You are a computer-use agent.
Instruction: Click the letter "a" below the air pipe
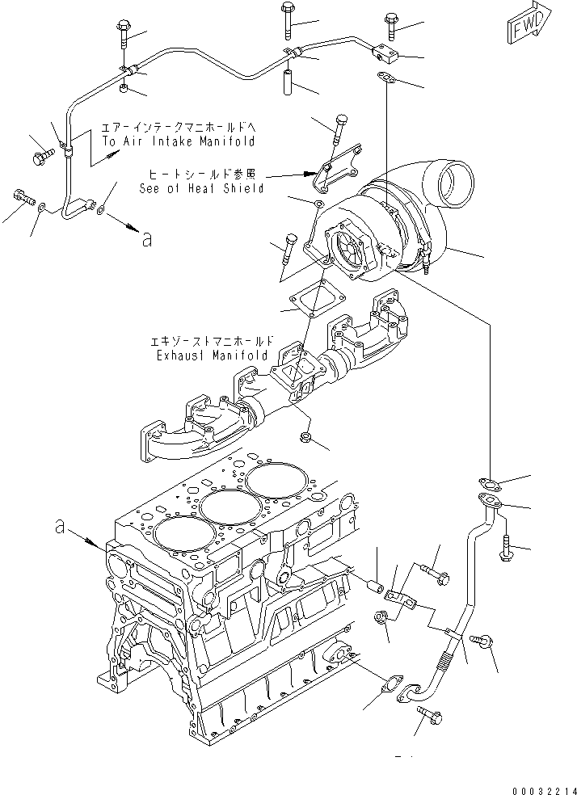(x=145, y=238)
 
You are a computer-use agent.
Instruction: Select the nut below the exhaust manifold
(x=306, y=436)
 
